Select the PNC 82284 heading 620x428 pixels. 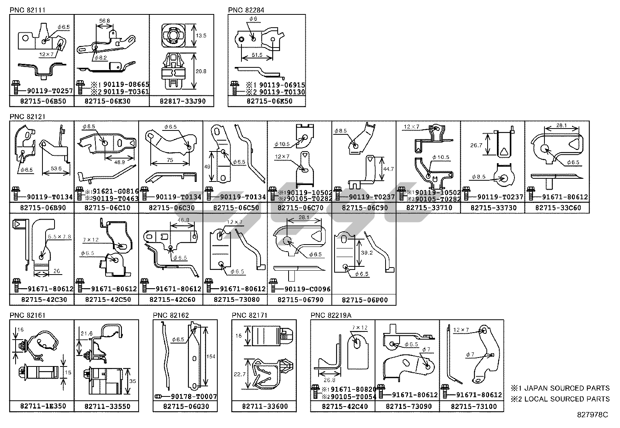[246, 10]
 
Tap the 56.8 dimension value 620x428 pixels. [104, 21]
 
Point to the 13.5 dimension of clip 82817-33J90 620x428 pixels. [201, 35]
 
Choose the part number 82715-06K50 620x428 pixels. [266, 101]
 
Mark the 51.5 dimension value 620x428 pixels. [257, 55]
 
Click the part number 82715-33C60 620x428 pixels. [558, 208]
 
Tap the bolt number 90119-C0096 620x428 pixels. [307, 289]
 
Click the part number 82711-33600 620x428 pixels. [264, 406]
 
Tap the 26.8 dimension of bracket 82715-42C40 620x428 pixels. [329, 380]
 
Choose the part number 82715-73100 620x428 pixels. [472, 406]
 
